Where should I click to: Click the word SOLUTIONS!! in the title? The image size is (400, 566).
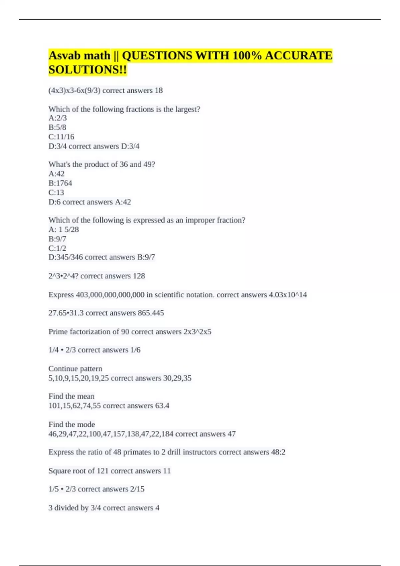(x=87, y=70)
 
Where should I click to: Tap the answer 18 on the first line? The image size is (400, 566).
(x=159, y=91)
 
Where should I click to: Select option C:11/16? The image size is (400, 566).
(x=61, y=137)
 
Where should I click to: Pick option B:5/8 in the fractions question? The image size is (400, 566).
(x=57, y=128)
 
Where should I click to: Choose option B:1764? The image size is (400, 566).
(x=60, y=183)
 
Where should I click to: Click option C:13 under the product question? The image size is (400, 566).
(x=56, y=192)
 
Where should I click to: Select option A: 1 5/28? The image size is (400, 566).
(x=64, y=229)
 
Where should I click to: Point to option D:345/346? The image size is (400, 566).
(x=66, y=257)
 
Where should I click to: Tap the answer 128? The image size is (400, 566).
(x=139, y=276)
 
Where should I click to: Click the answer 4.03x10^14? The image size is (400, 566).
(x=288, y=295)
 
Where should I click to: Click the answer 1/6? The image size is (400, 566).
(x=135, y=350)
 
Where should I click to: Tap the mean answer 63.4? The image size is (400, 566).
(x=162, y=406)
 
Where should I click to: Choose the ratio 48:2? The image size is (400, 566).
(x=278, y=452)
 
